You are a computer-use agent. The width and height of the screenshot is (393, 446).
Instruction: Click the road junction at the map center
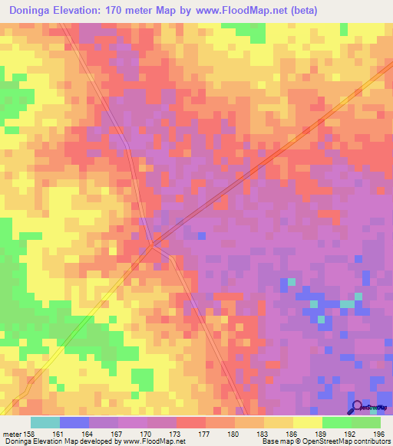tap(153, 244)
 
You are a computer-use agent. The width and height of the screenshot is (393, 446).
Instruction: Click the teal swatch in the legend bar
tap(45, 422)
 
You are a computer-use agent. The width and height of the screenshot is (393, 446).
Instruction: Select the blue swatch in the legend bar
tap(74, 422)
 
